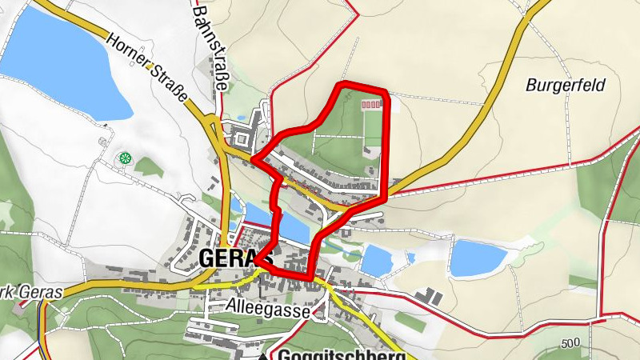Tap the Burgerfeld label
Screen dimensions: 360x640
(x=566, y=85)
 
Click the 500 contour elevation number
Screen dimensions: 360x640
(x=570, y=343)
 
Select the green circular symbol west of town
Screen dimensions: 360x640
(x=124, y=158)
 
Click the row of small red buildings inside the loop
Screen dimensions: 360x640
(x=372, y=104)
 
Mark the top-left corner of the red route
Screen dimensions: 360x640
(x=342, y=84)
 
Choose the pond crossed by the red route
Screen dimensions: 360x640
(x=280, y=223)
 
